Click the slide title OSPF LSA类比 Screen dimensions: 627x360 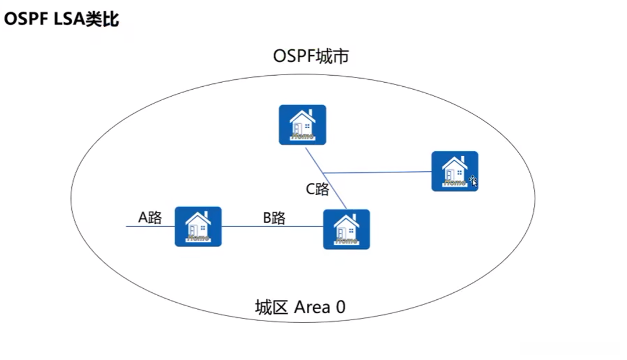coord(61,19)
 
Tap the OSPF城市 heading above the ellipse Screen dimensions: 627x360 coord(311,56)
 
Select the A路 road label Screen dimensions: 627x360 coord(150,218)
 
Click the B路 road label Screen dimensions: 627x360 coord(274,218)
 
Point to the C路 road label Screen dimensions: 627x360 coord(317,189)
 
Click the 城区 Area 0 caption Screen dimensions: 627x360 coord(300,307)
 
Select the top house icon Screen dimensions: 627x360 coord(302,124)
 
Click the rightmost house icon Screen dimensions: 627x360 coord(454,171)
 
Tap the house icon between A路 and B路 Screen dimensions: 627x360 coord(198,226)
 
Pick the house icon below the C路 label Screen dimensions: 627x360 coord(346,229)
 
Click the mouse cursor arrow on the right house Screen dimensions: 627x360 coord(473,181)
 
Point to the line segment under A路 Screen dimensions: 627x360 coord(151,226)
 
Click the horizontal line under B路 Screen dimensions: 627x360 coord(272,226)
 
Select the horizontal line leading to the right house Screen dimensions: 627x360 coord(377,172)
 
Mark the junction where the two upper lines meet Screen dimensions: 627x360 coord(323,173)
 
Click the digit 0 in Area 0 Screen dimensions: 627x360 coord(340,307)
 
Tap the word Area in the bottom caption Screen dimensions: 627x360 coord(312,307)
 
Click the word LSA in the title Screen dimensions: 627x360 coord(69,19)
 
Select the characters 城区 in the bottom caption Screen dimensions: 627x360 coord(272,307)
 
